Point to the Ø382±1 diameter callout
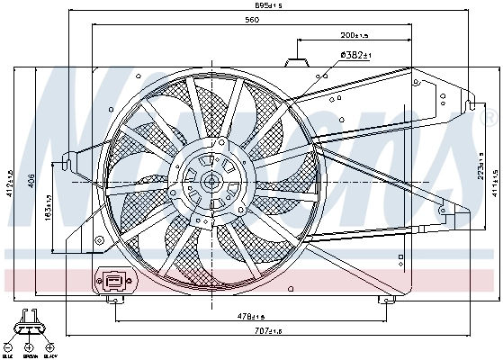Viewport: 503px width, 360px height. tap(355, 56)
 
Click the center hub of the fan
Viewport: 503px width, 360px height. tap(211, 181)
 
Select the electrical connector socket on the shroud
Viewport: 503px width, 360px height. tap(116, 281)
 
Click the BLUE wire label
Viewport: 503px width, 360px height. tap(8, 355)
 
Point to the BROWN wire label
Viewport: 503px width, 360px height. tap(29, 355)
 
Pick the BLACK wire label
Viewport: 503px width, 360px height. tap(49, 355)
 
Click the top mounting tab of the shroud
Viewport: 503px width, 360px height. tap(296, 62)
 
